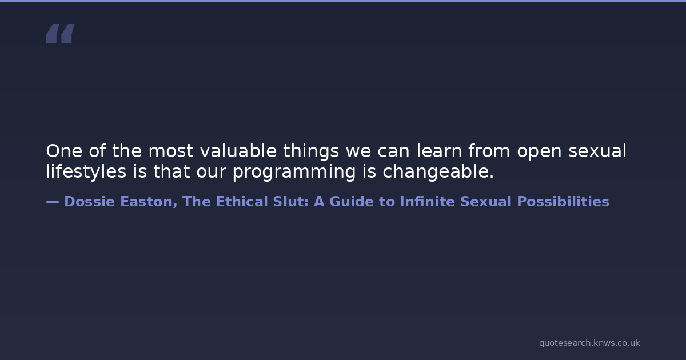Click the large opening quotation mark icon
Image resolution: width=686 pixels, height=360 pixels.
click(x=61, y=33)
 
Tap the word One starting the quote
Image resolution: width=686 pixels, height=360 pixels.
click(x=64, y=151)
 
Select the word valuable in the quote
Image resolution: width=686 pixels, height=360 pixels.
click(x=238, y=151)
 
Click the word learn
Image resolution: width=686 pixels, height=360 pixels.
click(x=439, y=151)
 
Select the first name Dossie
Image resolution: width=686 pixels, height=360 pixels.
click(x=89, y=202)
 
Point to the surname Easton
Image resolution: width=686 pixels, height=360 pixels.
click(x=149, y=202)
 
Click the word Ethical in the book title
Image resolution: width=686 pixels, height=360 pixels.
click(x=242, y=201)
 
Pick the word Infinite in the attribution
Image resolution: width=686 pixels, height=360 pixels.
click(x=427, y=201)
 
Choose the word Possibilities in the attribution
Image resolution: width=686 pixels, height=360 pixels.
click(x=563, y=201)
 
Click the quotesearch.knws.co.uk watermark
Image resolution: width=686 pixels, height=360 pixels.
click(x=589, y=343)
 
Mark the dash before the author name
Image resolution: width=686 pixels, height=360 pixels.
click(x=53, y=202)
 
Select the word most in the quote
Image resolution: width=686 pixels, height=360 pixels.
click(x=170, y=151)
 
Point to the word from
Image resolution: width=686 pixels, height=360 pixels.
click(x=489, y=151)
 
